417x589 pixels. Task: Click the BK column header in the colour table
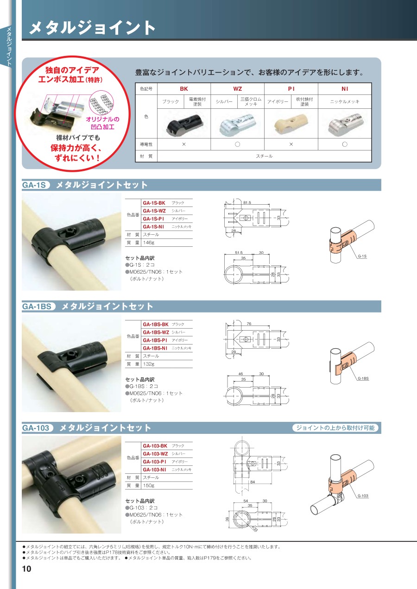coord(184,89)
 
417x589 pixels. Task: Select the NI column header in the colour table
coord(345,89)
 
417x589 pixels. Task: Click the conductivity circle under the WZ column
coord(237,144)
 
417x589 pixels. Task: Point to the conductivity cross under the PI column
coord(291,144)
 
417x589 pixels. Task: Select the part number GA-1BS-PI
coord(155,340)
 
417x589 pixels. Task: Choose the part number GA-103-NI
coord(154,470)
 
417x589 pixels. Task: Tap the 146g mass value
coord(149,243)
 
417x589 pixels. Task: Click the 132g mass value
coord(149,364)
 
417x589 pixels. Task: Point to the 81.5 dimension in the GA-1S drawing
coord(247,203)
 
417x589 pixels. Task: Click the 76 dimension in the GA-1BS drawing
coord(249,324)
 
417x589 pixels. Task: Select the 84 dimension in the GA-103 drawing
coord(253,482)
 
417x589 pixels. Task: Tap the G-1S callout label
coord(362,256)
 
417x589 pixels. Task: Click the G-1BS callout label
coord(363,378)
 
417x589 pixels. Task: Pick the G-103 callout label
coord(363,495)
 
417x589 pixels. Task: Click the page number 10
coord(26,569)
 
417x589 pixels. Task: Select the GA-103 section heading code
coord(36,428)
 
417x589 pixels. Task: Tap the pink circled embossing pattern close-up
coord(101,102)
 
